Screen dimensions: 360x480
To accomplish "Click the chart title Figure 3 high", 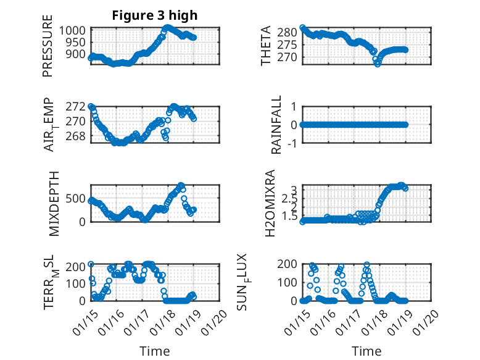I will (154, 15).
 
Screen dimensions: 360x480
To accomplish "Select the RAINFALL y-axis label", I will (276, 124).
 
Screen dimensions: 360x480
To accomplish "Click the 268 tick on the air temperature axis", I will (77, 136).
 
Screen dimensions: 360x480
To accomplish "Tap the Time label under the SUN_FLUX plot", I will (366, 351).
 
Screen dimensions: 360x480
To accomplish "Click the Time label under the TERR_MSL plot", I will (154, 351).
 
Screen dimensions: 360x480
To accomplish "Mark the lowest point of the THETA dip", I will (378, 64).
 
